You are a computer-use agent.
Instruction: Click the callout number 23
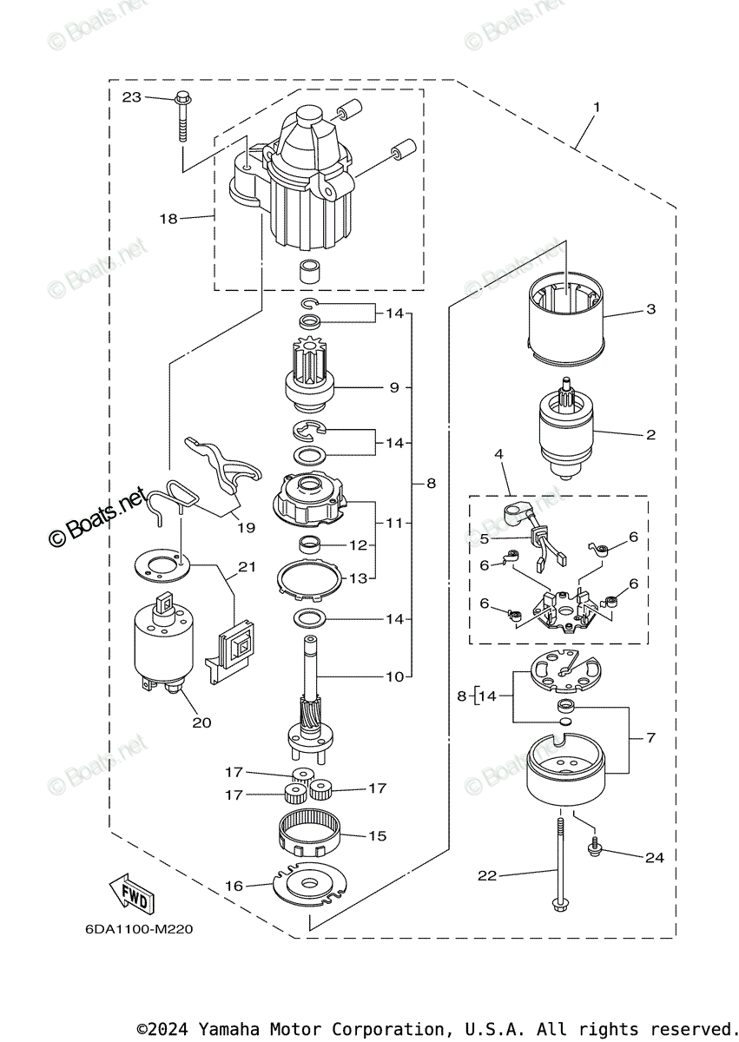[131, 97]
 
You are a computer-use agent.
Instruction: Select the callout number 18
[168, 219]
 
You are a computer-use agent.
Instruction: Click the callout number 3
[650, 309]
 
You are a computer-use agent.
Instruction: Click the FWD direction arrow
[131, 894]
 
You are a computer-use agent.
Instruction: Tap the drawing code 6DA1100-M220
[139, 929]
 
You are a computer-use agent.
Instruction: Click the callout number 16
[234, 886]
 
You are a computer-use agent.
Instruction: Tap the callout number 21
[247, 567]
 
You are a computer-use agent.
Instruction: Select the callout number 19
[246, 526]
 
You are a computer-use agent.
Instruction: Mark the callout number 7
[650, 737]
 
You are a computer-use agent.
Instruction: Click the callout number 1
[597, 108]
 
